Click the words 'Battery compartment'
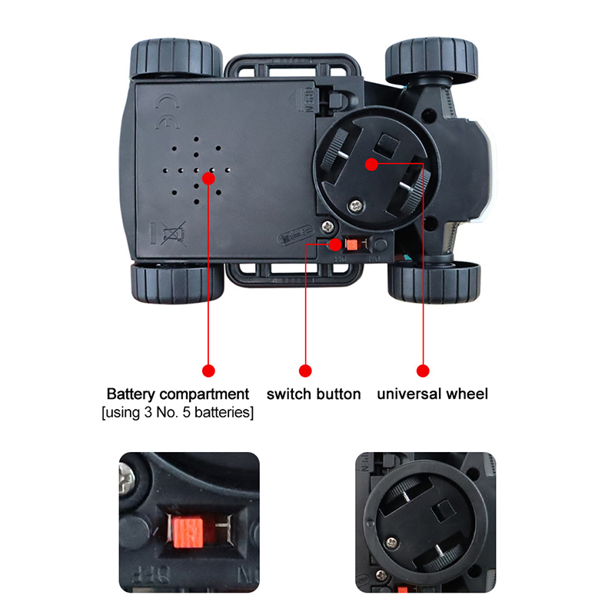tap(178, 394)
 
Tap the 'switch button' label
tap(314, 394)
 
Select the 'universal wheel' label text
tap(433, 394)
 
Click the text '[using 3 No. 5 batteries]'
tap(178, 413)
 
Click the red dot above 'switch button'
tap(305, 371)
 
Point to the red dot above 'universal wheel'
tap(423, 371)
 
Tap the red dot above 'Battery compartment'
tap(208, 371)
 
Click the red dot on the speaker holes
tap(208, 178)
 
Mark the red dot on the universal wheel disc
tap(371, 165)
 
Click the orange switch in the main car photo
tap(351, 244)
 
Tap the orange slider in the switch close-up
tap(188, 531)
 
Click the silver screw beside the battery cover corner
tap(328, 226)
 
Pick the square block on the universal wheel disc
tap(387, 145)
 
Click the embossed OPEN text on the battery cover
tap(309, 100)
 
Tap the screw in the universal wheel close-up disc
tap(392, 543)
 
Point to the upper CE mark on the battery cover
tap(168, 101)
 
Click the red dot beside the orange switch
tap(335, 244)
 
